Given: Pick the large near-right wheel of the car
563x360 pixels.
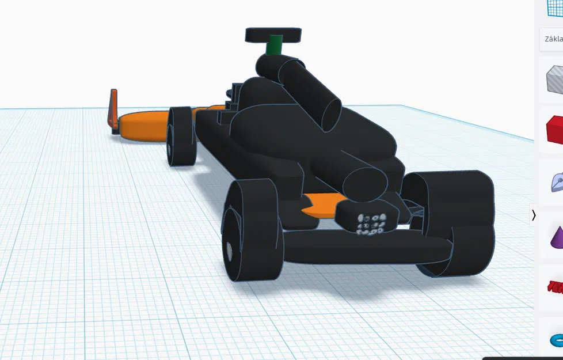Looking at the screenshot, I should coord(461,222).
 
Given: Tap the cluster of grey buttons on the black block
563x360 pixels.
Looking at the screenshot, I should coord(371,224).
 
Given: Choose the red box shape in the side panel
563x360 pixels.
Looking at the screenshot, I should coord(555,130).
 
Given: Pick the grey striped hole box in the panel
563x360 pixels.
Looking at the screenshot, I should coord(555,79).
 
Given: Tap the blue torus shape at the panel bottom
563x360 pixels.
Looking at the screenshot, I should coord(556,339).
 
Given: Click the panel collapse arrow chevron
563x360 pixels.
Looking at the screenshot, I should coord(534,215).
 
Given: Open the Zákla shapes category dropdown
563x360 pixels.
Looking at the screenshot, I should coord(553,39).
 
